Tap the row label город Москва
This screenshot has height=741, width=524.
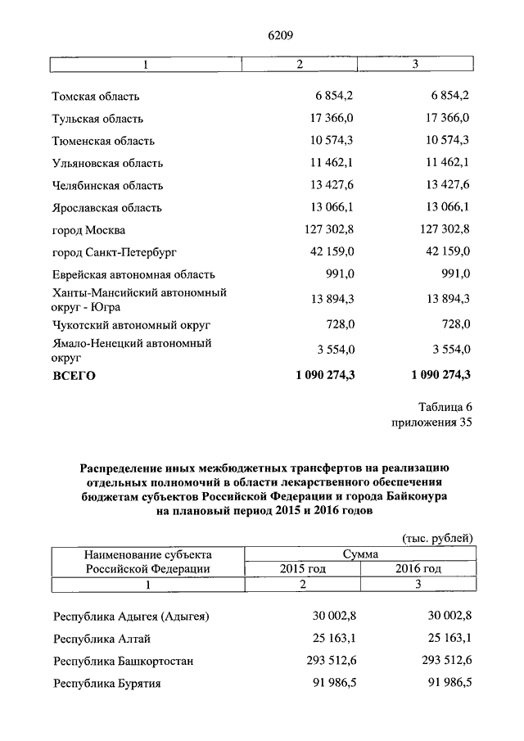pyautogui.click(x=88, y=230)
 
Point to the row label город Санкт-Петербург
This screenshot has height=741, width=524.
pyautogui.click(x=114, y=252)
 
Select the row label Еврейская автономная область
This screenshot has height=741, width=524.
pyautogui.click(x=133, y=274)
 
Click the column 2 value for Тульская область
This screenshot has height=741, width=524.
pyautogui.click(x=333, y=118)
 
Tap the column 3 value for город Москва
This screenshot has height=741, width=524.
pyautogui.click(x=442, y=230)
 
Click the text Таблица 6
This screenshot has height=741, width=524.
pyautogui.click(x=445, y=407)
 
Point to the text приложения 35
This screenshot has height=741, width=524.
pyautogui.click(x=432, y=422)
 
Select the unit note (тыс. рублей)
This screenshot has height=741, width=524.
pyautogui.click(x=437, y=538)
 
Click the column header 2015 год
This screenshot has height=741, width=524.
pyautogui.click(x=302, y=569)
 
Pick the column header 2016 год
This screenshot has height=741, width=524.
pyautogui.click(x=418, y=569)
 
